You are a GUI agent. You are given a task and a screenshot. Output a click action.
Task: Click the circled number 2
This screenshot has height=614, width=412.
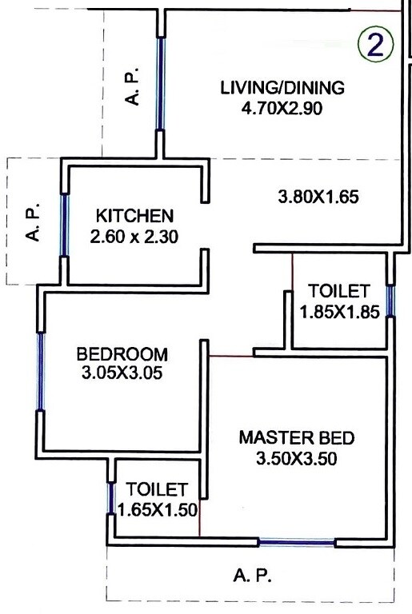tap(376, 45)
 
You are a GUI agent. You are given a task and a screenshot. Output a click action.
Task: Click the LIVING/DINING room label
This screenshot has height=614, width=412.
tap(282, 87)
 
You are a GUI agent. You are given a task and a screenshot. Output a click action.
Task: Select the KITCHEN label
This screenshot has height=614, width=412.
tap(134, 216)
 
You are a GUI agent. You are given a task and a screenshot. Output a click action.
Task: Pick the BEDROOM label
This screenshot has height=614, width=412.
tap(122, 353)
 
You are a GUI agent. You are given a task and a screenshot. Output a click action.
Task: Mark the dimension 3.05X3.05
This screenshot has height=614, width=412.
tap(122, 373)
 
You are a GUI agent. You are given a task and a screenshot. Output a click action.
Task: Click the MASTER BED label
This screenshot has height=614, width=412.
tap(296, 438)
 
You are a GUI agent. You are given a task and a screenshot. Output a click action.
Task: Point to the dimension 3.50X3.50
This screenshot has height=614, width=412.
tap(295, 459)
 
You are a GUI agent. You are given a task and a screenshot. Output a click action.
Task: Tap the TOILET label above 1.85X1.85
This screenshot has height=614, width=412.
tap(339, 291)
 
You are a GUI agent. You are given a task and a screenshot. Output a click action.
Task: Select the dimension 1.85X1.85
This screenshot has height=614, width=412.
tap(339, 313)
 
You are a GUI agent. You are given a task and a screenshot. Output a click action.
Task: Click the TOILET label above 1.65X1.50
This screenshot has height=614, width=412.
tap(157, 488)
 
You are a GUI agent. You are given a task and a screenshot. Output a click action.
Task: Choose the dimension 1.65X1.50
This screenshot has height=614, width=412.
tap(158, 509)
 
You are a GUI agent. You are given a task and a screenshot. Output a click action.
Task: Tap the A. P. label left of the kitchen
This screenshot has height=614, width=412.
tap(34, 225)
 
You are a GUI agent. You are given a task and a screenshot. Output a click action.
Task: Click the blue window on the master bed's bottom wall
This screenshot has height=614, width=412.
tap(296, 543)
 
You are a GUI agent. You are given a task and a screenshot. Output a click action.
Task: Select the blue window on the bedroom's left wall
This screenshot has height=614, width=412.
tap(39, 372)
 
